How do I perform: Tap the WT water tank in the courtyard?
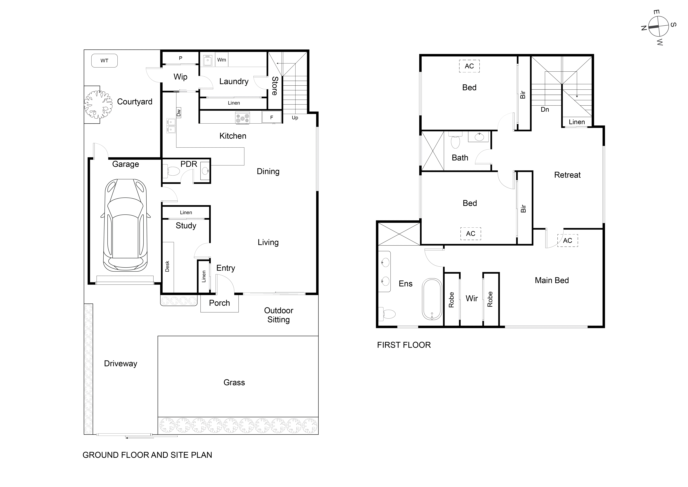pos(104,61)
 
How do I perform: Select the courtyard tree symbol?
pos(98,105)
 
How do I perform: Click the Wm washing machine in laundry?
pos(222,60)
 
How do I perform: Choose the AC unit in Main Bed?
pos(567,241)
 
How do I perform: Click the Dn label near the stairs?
pos(545,109)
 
